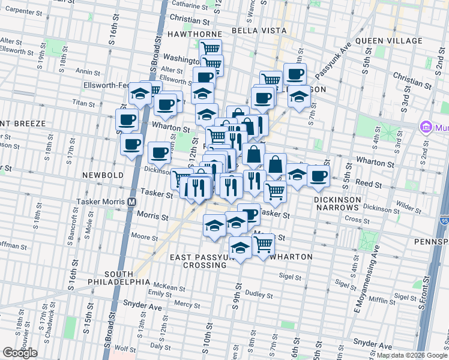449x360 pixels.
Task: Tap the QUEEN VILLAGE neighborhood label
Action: pyautogui.click(x=389, y=41)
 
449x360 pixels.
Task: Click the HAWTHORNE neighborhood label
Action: pyautogui.click(x=194, y=34)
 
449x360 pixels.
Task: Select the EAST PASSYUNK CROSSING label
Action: pyautogui.click(x=204, y=261)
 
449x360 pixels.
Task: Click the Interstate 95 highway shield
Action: pyautogui.click(x=444, y=221)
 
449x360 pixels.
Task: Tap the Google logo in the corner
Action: pyautogui.click(x=20, y=353)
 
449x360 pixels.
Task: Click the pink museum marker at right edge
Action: pyautogui.click(x=427, y=127)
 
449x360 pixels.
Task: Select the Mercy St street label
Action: pyautogui.click(x=186, y=304)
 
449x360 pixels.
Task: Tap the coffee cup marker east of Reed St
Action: pyautogui.click(x=319, y=175)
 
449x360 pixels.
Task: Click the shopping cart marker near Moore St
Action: pyautogui.click(x=264, y=244)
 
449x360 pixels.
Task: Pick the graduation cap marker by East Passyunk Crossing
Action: pyautogui.click(x=240, y=247)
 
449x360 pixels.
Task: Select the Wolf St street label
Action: pyautogui.click(x=125, y=348)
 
